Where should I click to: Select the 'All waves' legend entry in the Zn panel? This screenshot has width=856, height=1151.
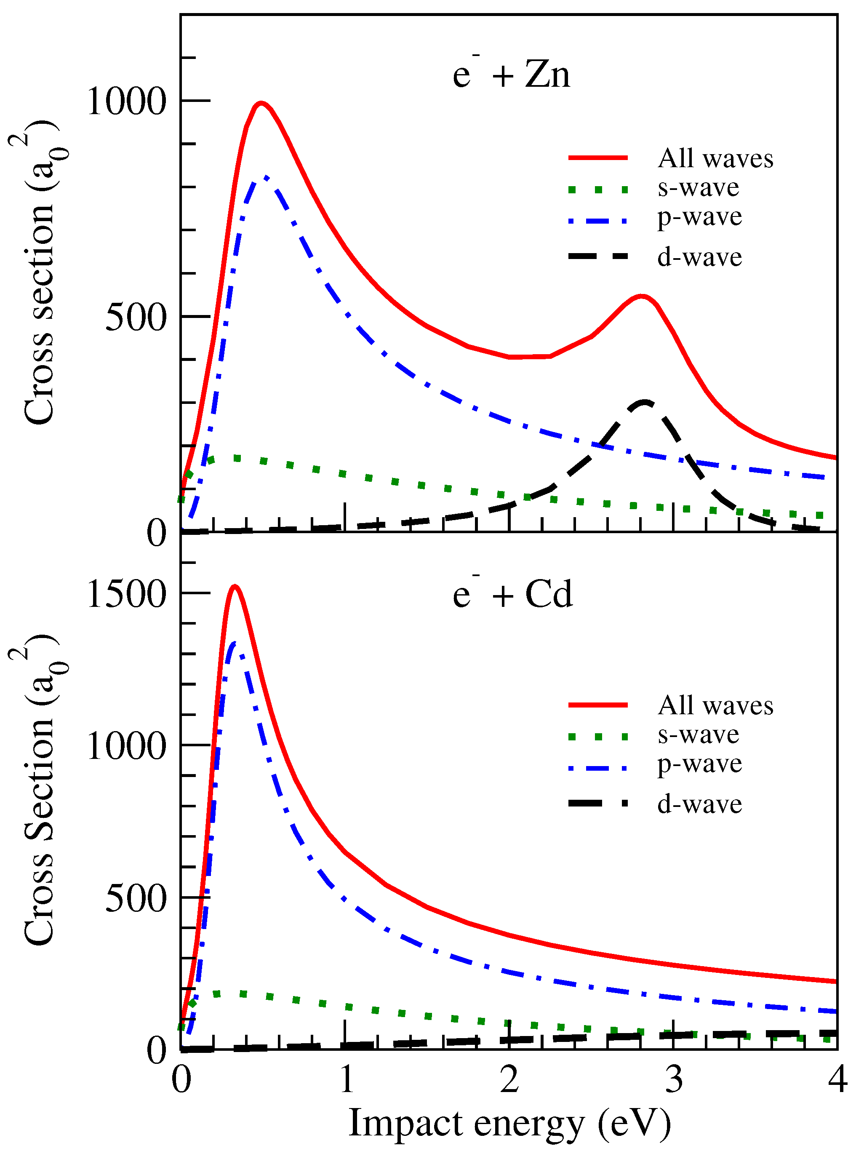[715, 158]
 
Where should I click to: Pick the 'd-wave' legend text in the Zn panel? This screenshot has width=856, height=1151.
[699, 257]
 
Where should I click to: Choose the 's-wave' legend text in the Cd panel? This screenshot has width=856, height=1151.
[698, 734]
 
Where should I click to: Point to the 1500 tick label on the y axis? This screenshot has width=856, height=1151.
[126, 594]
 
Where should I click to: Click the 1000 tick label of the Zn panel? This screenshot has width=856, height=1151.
[126, 101]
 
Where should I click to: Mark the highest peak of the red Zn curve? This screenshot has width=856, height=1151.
[261, 103]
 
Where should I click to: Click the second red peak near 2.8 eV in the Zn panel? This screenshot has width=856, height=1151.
[642, 296]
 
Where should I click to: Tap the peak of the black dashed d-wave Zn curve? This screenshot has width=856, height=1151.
[644, 402]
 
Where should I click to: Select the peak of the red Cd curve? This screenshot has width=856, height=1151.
[235, 586]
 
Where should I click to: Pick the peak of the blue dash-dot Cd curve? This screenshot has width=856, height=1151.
[234, 643]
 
